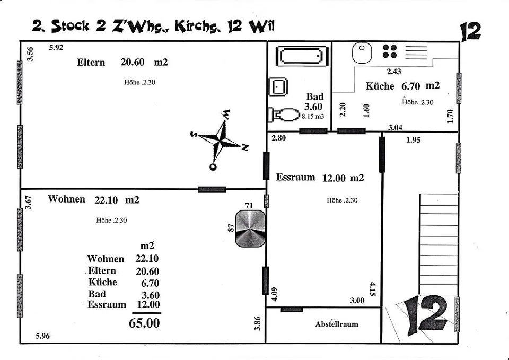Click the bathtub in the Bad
(x=302, y=56)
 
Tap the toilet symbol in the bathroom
(x=283, y=115)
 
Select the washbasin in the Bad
(x=278, y=86)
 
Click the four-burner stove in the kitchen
(x=390, y=51)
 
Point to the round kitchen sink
(x=362, y=52)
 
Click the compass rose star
(x=220, y=140)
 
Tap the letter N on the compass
(x=245, y=147)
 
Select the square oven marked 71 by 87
(x=250, y=229)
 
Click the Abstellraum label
(x=337, y=324)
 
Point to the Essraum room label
(x=295, y=177)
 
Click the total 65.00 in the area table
(x=144, y=323)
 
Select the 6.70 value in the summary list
(x=150, y=283)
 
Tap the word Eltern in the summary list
(x=102, y=271)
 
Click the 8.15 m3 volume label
(x=313, y=116)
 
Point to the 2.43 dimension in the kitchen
(x=394, y=72)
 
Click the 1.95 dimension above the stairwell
(x=413, y=140)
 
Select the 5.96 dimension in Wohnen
(x=42, y=336)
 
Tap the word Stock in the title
(x=70, y=25)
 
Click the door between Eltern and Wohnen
(x=212, y=190)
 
